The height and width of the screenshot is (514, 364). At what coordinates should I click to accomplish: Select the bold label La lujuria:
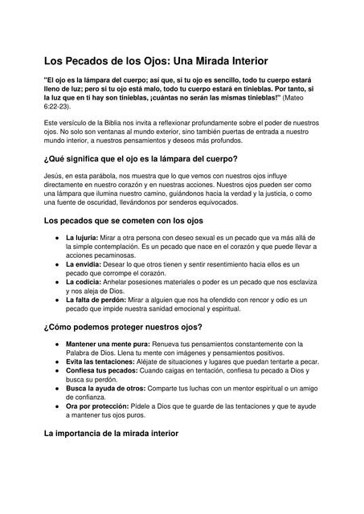[82, 239]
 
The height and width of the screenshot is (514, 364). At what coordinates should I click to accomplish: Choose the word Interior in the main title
[241, 60]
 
